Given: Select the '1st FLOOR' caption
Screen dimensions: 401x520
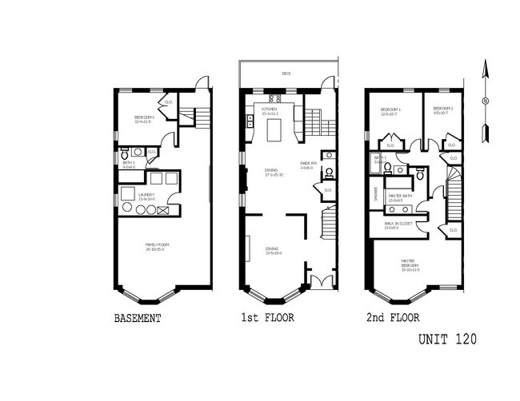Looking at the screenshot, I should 269,318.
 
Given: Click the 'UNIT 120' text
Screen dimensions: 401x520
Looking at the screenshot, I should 447,339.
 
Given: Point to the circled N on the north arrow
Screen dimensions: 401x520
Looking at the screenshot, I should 484,101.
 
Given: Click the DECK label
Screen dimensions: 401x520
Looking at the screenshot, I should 286,73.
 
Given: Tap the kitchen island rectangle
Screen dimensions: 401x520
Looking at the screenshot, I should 273,128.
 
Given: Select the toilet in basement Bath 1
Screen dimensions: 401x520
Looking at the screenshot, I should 124,151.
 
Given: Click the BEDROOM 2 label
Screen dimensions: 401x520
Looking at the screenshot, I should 444,109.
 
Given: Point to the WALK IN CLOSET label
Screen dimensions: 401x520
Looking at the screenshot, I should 398,224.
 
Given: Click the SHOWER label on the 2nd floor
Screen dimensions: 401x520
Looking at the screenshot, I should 376,192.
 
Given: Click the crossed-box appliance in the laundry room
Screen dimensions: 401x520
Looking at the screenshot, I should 164,212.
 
